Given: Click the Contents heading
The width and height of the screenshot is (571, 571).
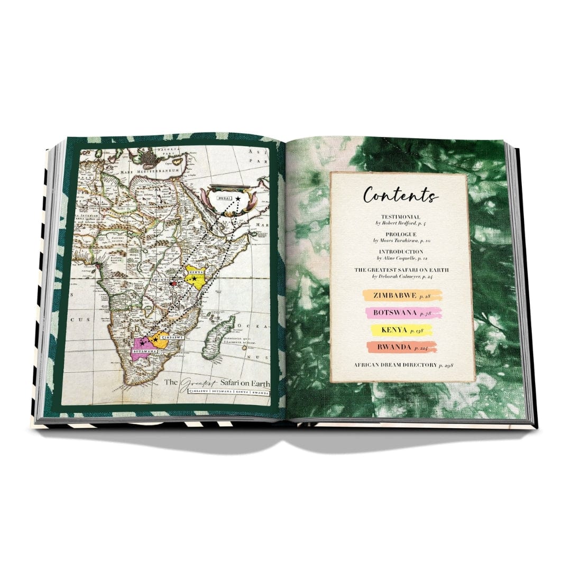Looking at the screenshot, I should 401,197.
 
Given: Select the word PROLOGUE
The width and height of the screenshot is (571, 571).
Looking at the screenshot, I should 400,234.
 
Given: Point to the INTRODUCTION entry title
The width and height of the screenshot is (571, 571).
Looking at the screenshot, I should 400,252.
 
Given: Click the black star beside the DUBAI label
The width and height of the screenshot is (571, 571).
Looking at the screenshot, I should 238,198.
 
